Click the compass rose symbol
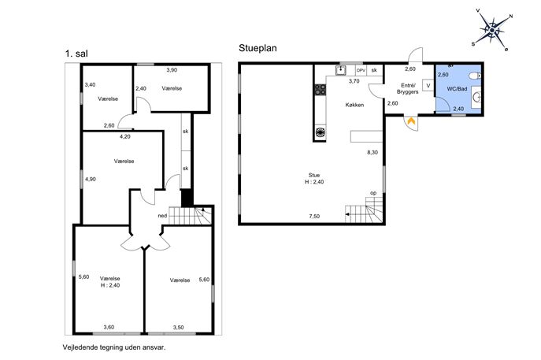[x=492, y=31]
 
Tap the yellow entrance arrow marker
[x=411, y=121]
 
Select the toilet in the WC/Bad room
[x=475, y=76]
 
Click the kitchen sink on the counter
[x=340, y=70]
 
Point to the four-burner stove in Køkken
[x=321, y=90]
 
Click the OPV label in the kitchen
[x=361, y=70]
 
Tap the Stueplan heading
[x=258, y=48]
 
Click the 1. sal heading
[x=76, y=54]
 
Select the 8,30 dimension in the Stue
[x=372, y=152]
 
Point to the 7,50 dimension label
[x=314, y=217]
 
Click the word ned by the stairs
[x=162, y=216]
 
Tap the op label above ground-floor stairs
[x=373, y=193]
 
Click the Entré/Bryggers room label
[x=408, y=89]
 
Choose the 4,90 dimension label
[x=91, y=179]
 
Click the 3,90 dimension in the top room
[x=172, y=70]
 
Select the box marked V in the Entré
[x=428, y=85]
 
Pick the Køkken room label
[x=354, y=105]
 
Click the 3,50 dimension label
[x=179, y=328]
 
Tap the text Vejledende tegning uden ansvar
[x=114, y=347]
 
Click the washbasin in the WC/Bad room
[x=477, y=98]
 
